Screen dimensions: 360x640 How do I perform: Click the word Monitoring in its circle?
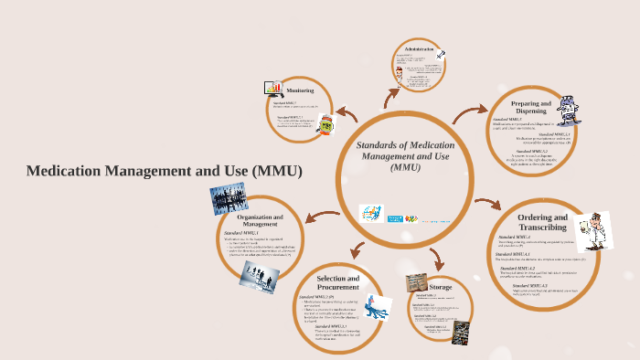(300, 90)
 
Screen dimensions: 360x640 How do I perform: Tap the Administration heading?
(418, 48)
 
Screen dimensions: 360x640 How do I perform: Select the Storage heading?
(441, 286)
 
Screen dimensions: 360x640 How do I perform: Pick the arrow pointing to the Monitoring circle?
(347, 115)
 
